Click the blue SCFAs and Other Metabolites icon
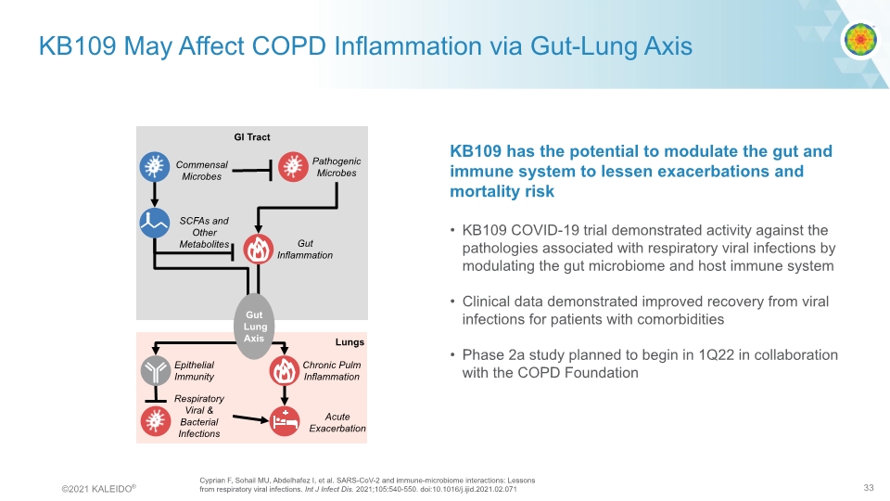(154, 223)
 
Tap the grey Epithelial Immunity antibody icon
(154, 371)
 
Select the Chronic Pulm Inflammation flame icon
(283, 371)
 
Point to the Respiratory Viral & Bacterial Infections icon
(154, 420)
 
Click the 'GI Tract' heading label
(252, 137)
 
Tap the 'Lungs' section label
(350, 342)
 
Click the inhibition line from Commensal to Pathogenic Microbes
(251, 170)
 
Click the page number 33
(869, 488)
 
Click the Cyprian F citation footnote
(366, 483)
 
